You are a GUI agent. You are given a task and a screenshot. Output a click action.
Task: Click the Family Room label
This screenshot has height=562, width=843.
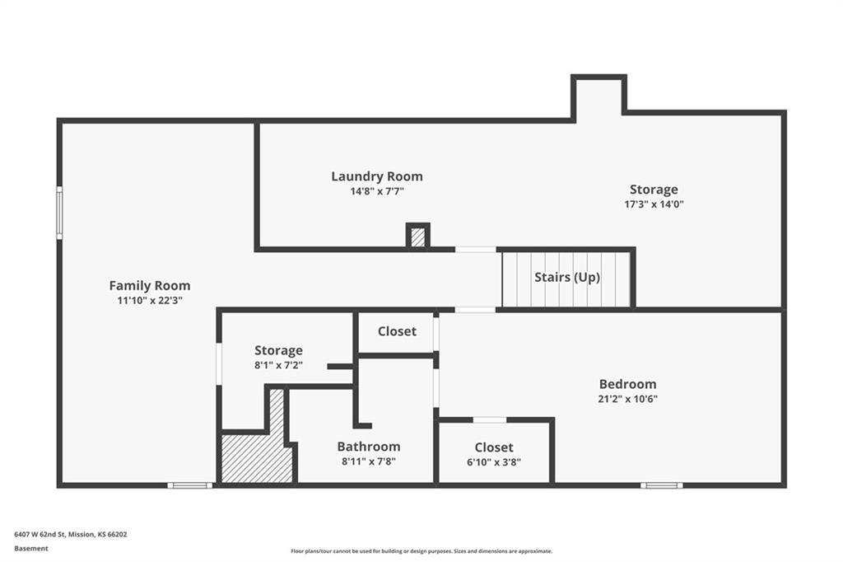(x=149, y=286)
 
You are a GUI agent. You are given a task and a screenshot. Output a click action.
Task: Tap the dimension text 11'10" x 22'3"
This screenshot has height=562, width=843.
(x=149, y=301)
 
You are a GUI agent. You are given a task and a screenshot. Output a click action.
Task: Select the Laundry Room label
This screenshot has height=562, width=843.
(x=377, y=176)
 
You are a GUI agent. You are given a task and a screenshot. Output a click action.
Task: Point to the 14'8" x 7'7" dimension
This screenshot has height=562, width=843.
(x=377, y=191)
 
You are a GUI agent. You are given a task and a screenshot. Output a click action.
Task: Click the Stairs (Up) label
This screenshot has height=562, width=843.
(x=567, y=278)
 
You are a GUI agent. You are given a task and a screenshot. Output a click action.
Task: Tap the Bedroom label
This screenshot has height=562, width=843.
(x=627, y=384)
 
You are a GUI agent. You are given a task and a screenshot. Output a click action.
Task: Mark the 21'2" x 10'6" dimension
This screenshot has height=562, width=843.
(x=627, y=399)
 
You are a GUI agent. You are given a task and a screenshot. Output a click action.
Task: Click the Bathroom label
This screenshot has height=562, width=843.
(x=368, y=447)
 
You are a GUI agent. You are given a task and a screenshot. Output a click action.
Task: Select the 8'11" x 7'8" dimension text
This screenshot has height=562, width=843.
(x=368, y=461)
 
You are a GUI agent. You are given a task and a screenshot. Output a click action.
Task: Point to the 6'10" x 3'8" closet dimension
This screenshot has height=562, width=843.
(x=494, y=462)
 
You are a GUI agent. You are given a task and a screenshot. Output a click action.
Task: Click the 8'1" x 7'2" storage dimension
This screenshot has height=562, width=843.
(x=278, y=365)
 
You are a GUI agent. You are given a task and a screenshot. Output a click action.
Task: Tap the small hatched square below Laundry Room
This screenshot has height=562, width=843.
(x=418, y=237)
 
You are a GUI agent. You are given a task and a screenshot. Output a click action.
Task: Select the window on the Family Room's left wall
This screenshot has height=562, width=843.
(x=59, y=213)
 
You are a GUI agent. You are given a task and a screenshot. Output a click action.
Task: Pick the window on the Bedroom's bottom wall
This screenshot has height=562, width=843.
(x=661, y=485)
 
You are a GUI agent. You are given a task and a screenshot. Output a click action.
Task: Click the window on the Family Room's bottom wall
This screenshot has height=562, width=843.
(x=189, y=485)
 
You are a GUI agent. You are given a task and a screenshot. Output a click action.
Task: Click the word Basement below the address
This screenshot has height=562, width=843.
(x=31, y=548)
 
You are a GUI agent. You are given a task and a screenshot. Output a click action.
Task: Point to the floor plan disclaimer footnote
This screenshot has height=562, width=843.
(x=421, y=551)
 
